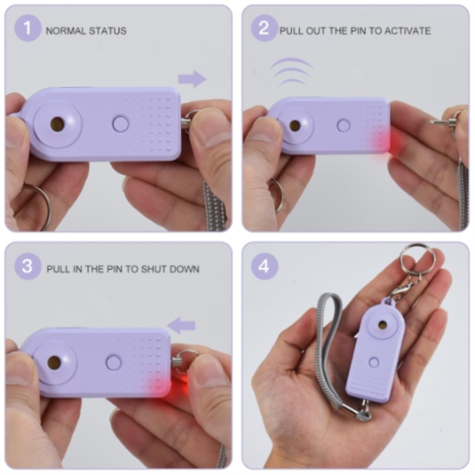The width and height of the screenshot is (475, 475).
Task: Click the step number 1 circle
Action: point(28,28)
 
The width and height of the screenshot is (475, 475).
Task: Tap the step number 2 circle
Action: point(264,28)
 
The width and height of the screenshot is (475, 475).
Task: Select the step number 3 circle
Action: point(28,266)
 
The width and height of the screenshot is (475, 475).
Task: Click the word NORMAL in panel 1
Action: point(65,31)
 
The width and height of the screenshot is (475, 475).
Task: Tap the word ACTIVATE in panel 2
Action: point(407,31)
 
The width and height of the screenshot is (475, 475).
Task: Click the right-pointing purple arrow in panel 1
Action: point(192,79)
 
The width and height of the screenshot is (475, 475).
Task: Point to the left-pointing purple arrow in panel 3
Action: point(182,326)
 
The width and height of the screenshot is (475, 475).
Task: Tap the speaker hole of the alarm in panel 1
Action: point(57,122)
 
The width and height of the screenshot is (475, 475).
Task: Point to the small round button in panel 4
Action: point(374,362)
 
